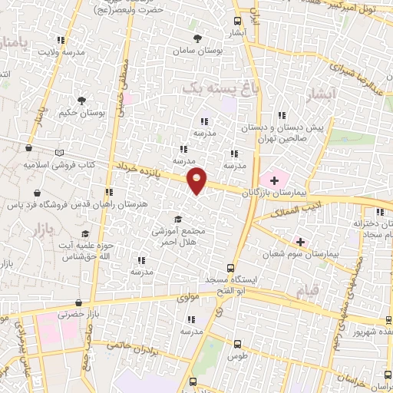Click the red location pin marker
197,180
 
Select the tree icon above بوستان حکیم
82,100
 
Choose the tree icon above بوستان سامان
198,38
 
